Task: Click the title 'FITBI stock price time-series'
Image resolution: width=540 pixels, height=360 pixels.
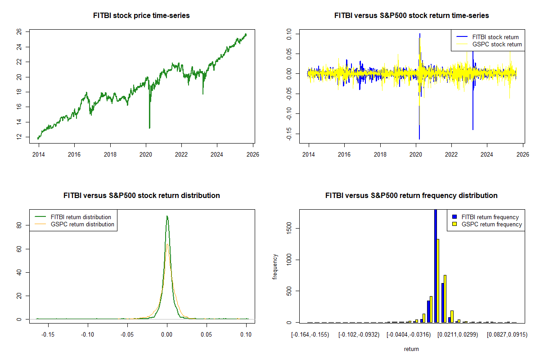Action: click(141, 16)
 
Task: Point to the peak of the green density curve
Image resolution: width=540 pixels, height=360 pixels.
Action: click(167, 216)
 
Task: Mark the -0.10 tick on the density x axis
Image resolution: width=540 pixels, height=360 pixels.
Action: click(88, 334)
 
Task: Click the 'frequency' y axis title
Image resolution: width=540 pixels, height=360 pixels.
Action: click(275, 266)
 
